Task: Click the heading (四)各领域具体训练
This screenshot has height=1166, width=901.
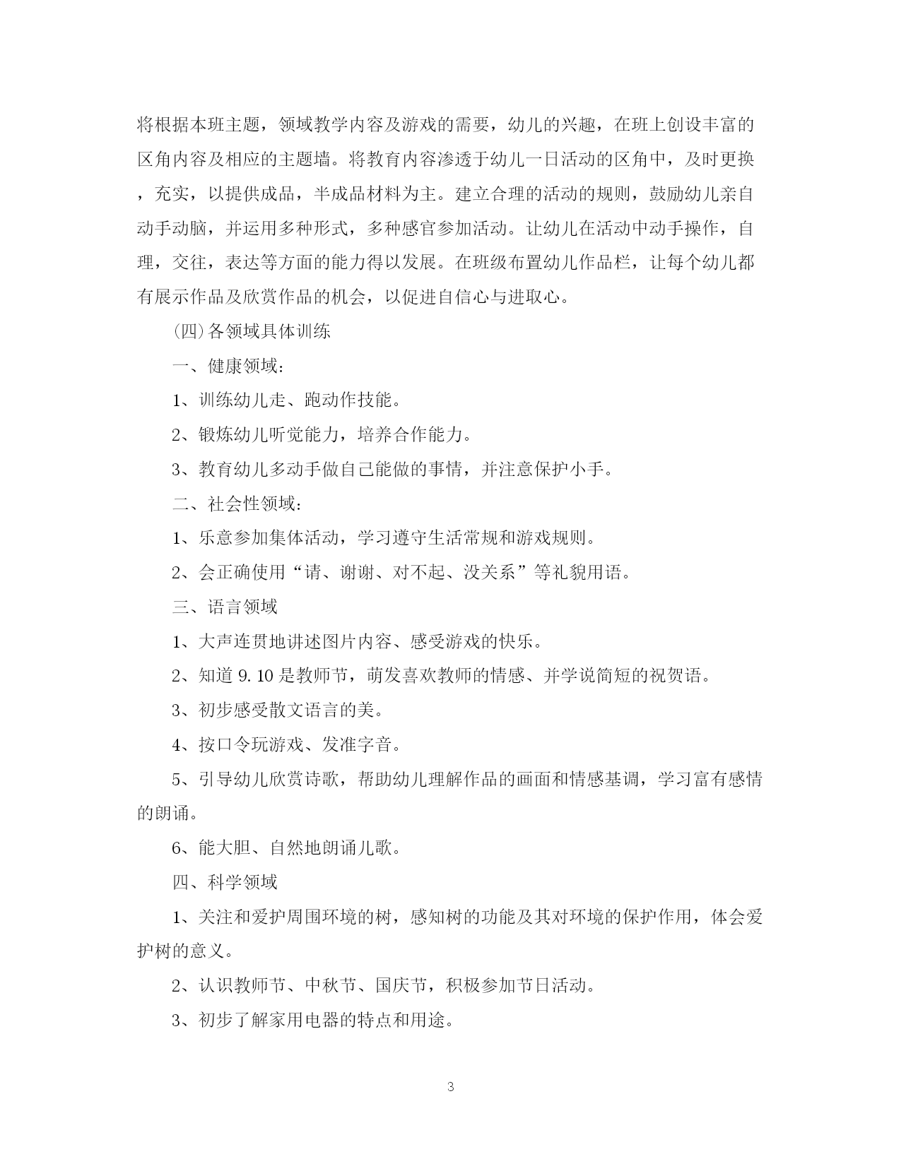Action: click(252, 331)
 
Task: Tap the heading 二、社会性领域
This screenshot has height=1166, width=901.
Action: click(237, 504)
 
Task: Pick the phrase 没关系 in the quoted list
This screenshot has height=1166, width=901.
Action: click(490, 572)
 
